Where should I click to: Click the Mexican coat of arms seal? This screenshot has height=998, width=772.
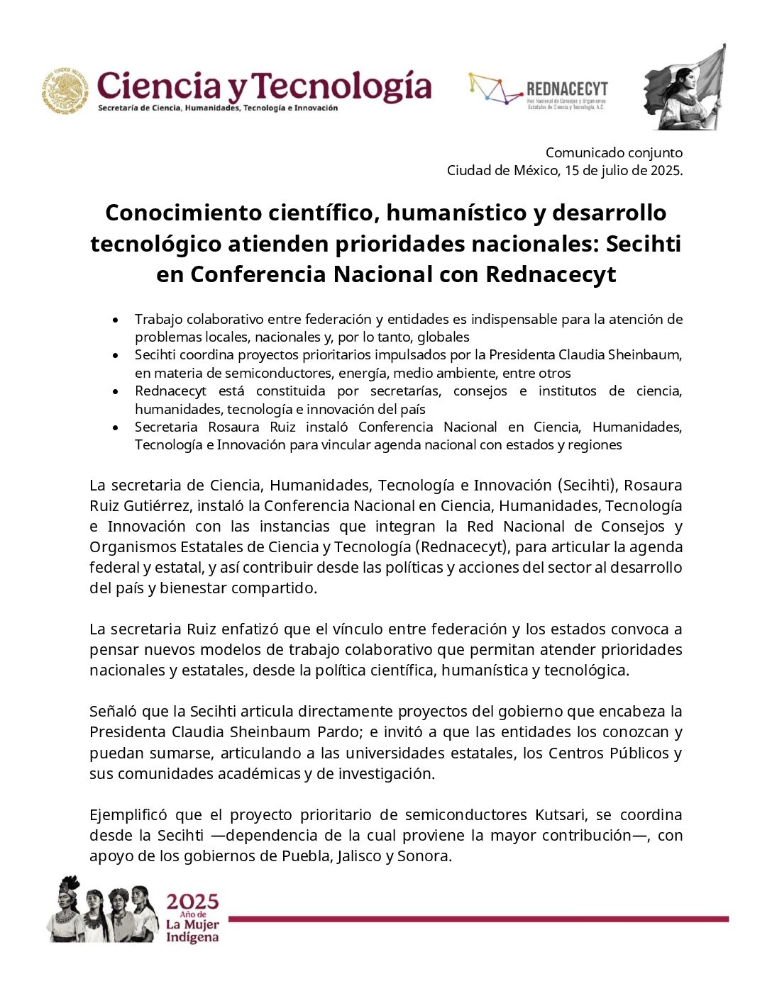point(65,90)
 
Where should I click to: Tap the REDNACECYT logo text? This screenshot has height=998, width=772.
point(567,89)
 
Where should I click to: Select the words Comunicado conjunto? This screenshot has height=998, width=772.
point(614,152)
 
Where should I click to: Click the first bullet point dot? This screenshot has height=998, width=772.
point(115,320)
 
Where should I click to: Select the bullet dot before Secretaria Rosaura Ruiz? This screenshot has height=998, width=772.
point(115,427)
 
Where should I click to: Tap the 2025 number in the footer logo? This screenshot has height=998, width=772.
point(192,902)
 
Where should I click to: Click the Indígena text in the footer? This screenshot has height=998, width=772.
point(192,937)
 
